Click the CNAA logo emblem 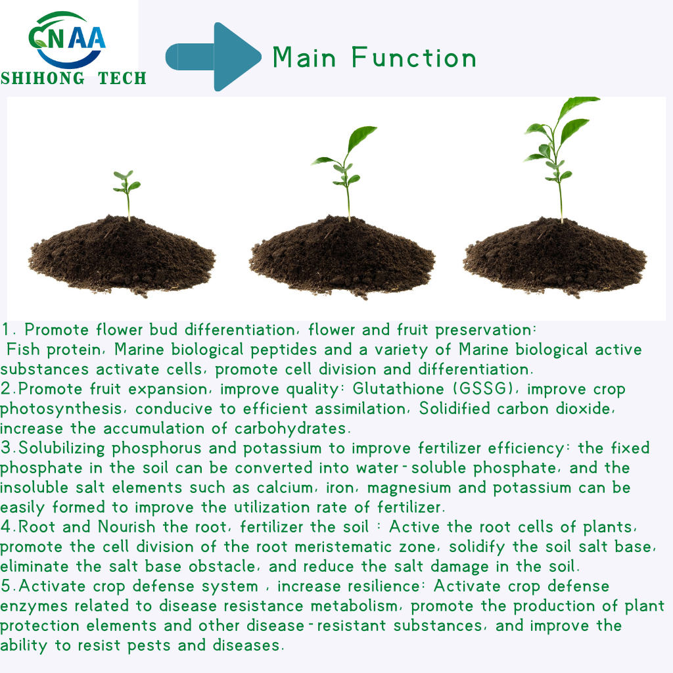point(67,40)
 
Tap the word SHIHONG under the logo point(43,79)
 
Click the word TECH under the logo point(122,79)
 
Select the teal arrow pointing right point(214,57)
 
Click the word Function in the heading point(414,58)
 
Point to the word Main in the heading point(304,58)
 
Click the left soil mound point(122,256)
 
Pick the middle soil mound point(342,257)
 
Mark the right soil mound point(555,257)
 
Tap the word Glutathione point(398,389)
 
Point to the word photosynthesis point(61,409)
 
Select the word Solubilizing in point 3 point(62,448)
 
